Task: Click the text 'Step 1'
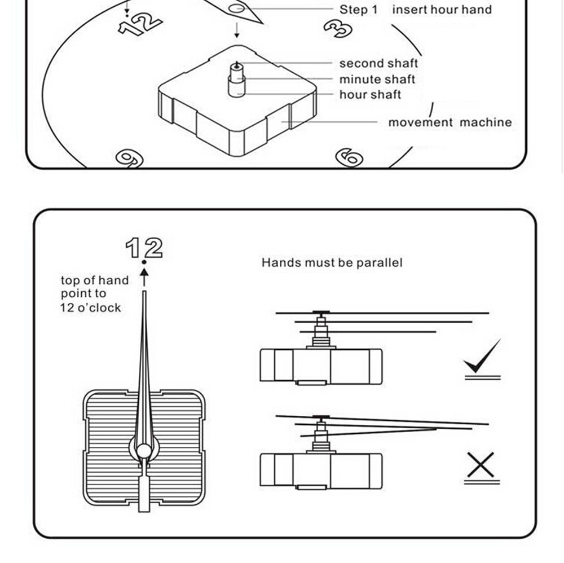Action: [358, 10]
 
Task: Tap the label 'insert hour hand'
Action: [442, 10]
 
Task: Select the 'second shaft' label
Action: [378, 64]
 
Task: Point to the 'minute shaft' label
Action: [377, 80]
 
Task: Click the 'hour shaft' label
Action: [370, 95]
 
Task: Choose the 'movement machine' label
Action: [450, 122]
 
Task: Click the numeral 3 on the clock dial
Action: [338, 28]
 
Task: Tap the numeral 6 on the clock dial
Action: [349, 157]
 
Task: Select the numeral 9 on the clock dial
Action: [129, 159]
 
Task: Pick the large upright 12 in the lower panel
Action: [144, 248]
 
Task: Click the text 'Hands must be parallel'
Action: [332, 263]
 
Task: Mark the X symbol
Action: [481, 465]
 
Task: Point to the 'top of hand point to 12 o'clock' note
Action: [94, 294]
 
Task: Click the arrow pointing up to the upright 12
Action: [144, 277]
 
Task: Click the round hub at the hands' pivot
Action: [144, 450]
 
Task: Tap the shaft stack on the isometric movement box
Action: [237, 80]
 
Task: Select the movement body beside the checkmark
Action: [320, 366]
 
